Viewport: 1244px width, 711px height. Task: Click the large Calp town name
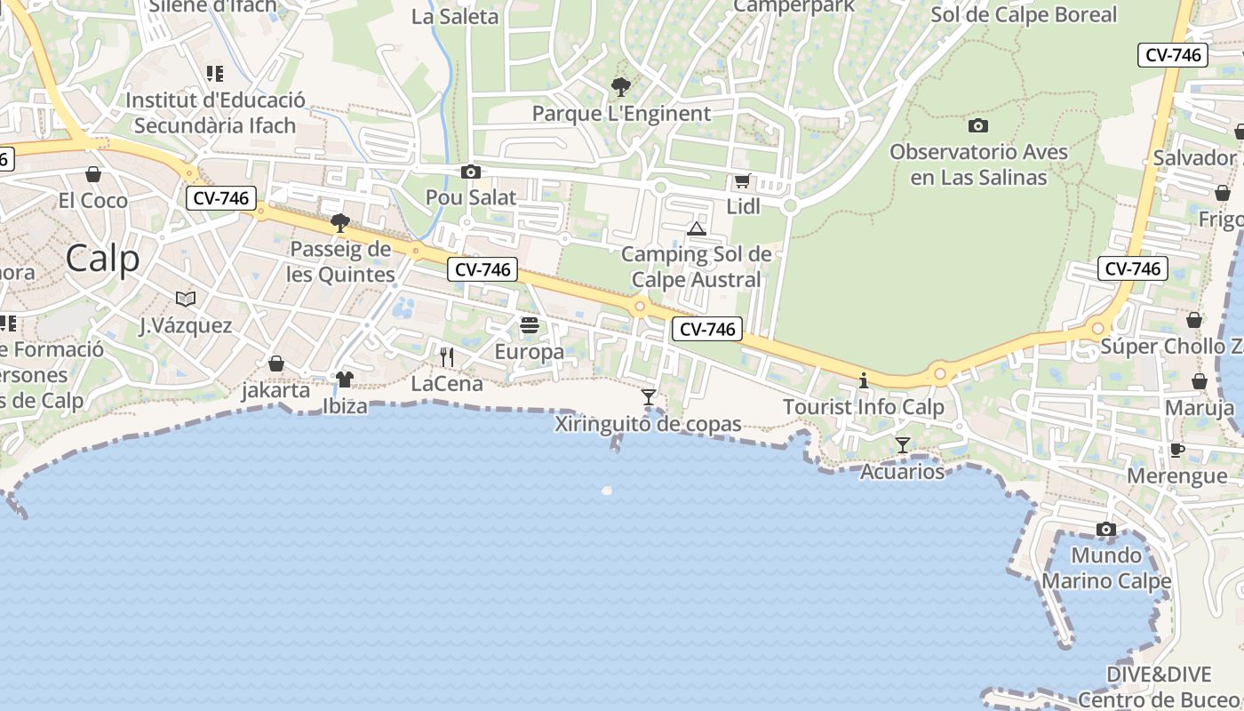(102, 259)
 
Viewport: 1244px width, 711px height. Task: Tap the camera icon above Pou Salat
(470, 172)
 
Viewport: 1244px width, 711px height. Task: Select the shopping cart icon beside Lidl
(742, 181)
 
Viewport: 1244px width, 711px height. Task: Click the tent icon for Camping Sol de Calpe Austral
(697, 229)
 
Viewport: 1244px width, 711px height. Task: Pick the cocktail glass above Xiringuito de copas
(649, 396)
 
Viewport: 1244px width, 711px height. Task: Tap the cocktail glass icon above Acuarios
(903, 444)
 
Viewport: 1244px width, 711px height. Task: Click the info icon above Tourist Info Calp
(863, 380)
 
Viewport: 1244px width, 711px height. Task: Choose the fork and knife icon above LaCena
(447, 357)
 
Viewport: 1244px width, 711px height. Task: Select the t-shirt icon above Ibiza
(345, 379)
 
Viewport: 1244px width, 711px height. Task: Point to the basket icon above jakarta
(276, 363)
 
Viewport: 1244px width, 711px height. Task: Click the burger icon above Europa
(530, 325)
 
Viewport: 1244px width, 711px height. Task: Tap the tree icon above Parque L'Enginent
(621, 87)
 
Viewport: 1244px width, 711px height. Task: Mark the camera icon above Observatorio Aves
(978, 125)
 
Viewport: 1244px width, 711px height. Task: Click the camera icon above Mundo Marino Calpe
(1106, 530)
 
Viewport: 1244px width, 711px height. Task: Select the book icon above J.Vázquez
(185, 299)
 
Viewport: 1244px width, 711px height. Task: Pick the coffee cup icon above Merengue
(1176, 450)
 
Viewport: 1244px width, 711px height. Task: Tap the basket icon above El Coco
(93, 174)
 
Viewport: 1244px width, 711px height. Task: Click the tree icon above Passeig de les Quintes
(339, 222)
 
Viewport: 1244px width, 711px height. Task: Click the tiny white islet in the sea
(608, 490)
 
